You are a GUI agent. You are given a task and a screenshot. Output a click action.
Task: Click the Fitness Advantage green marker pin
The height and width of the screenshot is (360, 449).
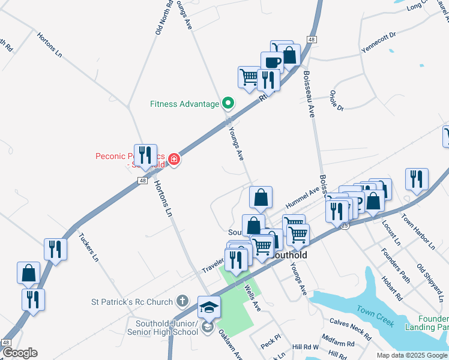228,104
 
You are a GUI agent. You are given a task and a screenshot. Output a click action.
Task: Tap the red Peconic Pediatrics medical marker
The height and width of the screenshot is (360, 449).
174,159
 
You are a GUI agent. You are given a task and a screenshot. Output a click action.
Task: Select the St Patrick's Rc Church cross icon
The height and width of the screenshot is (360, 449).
183,301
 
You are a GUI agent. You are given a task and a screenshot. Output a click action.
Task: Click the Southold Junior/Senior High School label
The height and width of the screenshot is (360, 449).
162,328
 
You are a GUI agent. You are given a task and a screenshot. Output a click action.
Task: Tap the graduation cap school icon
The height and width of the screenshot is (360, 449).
208,307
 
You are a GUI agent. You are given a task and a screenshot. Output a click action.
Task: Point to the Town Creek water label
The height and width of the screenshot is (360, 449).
375,316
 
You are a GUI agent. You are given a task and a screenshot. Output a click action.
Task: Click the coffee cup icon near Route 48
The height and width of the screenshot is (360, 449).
271,62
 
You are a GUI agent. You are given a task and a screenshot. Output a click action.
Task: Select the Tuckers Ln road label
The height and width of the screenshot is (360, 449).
88,248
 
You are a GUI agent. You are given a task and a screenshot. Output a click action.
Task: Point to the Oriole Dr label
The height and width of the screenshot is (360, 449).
336,101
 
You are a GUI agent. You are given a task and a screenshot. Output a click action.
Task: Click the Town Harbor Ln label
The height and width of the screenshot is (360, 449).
418,232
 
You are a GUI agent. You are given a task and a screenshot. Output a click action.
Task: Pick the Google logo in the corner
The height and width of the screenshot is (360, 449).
19,353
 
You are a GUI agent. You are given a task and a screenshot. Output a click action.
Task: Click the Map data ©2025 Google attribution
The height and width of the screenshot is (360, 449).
412,355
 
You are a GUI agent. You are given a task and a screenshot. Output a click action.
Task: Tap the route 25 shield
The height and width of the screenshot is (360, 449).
345,226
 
